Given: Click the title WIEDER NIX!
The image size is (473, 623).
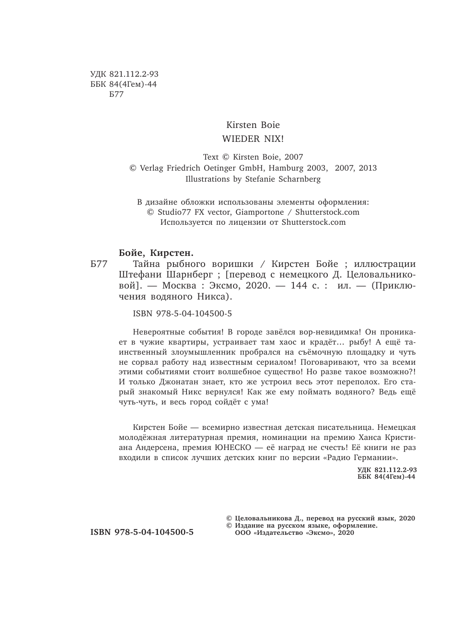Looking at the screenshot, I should (254, 139).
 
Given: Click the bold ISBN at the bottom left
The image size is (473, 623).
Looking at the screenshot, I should (142, 532).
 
